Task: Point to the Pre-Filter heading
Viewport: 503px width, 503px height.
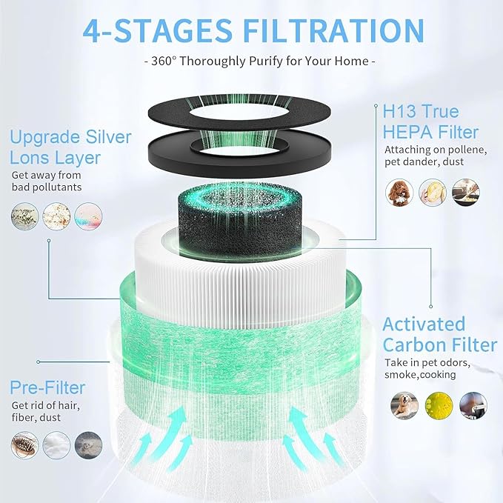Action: pos(48,387)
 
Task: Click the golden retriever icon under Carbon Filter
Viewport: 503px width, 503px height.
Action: pos(402,404)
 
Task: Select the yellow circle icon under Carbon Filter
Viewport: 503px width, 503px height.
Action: pos(437,404)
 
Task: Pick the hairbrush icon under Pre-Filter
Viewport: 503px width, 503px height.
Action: pos(24,444)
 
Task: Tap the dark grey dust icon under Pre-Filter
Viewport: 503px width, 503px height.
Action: pos(89,444)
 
